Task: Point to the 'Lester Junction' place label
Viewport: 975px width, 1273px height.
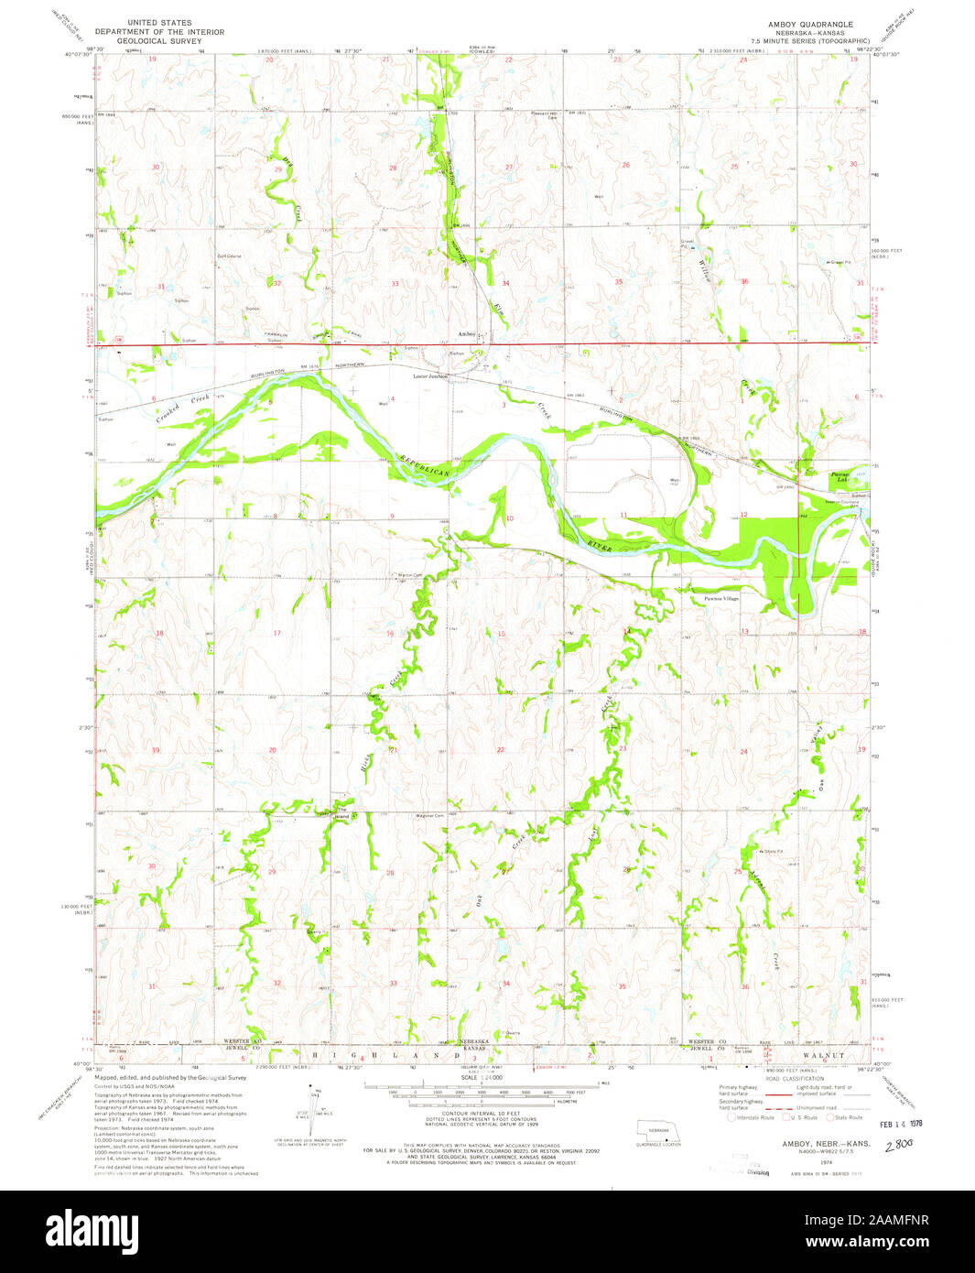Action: point(430,375)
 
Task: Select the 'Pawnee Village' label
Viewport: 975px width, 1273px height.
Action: point(720,598)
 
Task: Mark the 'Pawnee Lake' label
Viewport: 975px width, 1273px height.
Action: point(840,477)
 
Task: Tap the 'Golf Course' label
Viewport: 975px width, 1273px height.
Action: point(227,256)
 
